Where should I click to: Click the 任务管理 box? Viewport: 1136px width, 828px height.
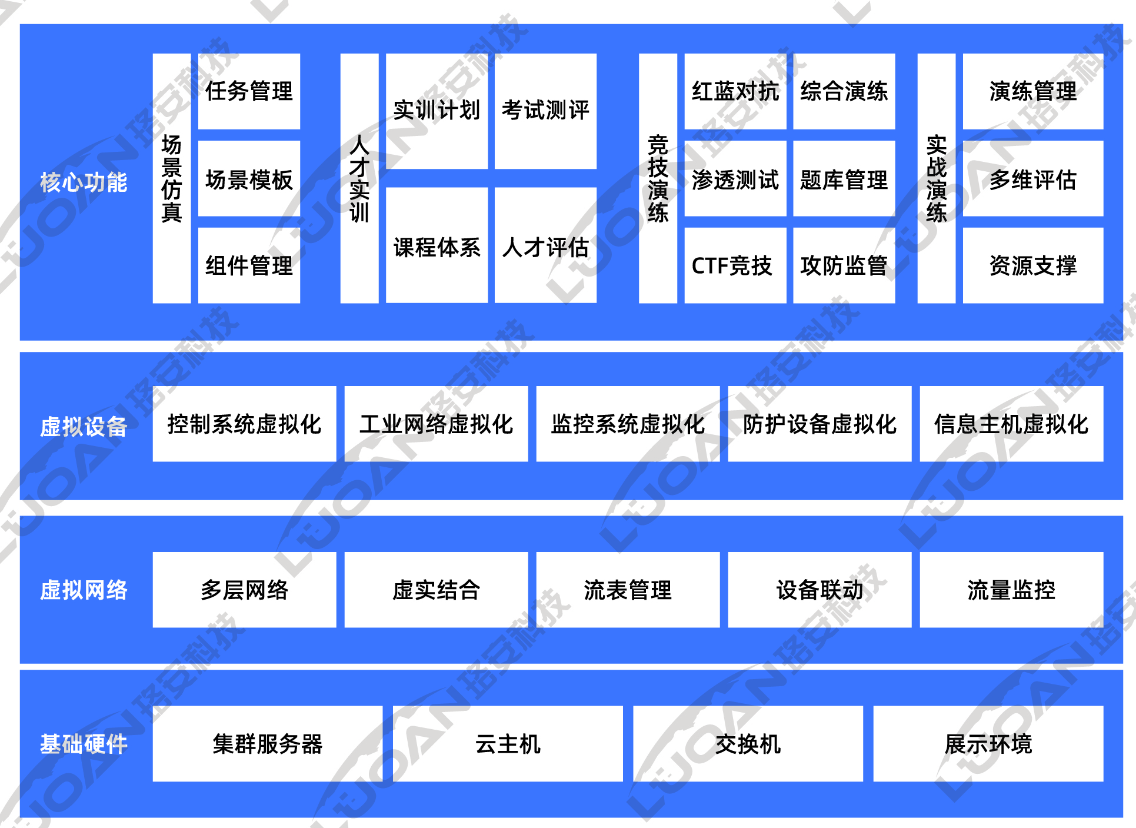pyautogui.click(x=249, y=91)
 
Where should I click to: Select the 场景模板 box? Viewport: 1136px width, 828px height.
pyautogui.click(x=249, y=178)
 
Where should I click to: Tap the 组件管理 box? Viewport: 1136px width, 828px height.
pyautogui.click(x=249, y=265)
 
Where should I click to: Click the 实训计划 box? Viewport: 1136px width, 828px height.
pyautogui.click(x=437, y=111)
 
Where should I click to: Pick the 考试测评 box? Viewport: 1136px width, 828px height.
pyautogui.click(x=545, y=111)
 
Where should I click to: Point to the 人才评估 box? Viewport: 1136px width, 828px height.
pyautogui.click(x=545, y=245)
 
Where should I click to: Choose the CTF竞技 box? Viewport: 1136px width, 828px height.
pyautogui.click(x=735, y=265)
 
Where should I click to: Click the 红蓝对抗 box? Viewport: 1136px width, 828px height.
pyautogui.click(x=735, y=91)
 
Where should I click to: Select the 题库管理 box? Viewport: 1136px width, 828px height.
pyautogui.click(x=844, y=178)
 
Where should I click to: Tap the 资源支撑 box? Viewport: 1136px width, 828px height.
pyautogui.click(x=1033, y=265)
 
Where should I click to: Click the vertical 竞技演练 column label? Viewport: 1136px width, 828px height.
pyautogui.click(x=658, y=178)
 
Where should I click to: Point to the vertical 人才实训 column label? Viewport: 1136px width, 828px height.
pyautogui.click(x=359, y=178)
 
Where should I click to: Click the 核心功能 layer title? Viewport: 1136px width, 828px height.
pyautogui.click(x=84, y=182)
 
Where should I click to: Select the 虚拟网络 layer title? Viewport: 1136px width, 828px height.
pyautogui.click(x=84, y=590)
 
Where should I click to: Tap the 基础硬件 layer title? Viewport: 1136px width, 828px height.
pyautogui.click(x=84, y=744)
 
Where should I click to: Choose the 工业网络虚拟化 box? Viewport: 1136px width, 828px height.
pyautogui.click(x=436, y=424)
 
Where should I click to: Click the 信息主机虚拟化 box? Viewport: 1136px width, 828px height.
pyautogui.click(x=1011, y=424)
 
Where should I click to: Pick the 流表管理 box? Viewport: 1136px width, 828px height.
pyautogui.click(x=628, y=590)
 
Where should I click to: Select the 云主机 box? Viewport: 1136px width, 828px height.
pyautogui.click(x=508, y=744)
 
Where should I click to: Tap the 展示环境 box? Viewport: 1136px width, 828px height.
pyautogui.click(x=988, y=744)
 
